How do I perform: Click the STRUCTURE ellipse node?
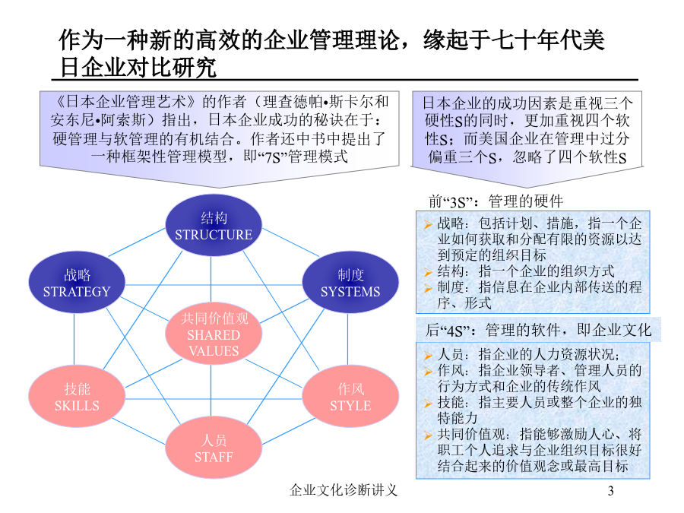pos(214,226)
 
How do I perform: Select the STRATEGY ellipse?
pos(77,282)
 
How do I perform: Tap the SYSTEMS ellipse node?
pos(350,282)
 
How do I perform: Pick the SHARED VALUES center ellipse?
pos(214,334)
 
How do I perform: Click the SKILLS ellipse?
pos(77,397)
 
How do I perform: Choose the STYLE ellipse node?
pos(350,397)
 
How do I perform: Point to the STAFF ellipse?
pos(214,448)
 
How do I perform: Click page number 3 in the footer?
pos(611,491)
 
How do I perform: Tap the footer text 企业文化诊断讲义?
pos(344,490)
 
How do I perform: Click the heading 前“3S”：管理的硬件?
pos(496,201)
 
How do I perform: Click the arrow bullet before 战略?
pos(428,225)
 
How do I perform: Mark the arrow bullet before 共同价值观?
pos(428,435)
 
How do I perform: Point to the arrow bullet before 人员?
pos(428,356)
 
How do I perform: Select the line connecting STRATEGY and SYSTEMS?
pos(214,285)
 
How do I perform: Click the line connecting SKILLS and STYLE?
pos(214,399)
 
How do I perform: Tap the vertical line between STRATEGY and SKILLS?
pos(74,340)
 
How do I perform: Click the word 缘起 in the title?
pos(445,40)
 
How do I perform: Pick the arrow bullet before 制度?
pos(428,288)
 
